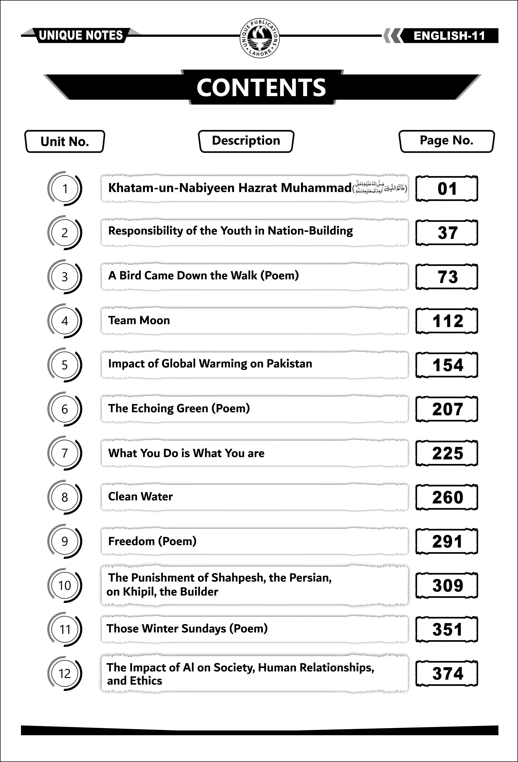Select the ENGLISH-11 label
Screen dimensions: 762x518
tap(449, 36)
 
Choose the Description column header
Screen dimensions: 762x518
tap(246, 141)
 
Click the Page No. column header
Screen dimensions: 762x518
tap(447, 141)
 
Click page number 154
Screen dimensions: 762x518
tap(447, 365)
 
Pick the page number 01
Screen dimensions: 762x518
tap(447, 189)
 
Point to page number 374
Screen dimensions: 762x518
tap(447, 674)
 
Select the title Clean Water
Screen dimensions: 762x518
tap(140, 496)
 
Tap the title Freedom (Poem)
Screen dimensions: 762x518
tap(152, 541)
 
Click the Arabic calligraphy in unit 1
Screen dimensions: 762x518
tap(379, 188)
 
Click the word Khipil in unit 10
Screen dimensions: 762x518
tap(136, 592)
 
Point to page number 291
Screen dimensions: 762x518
tap(447, 541)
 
